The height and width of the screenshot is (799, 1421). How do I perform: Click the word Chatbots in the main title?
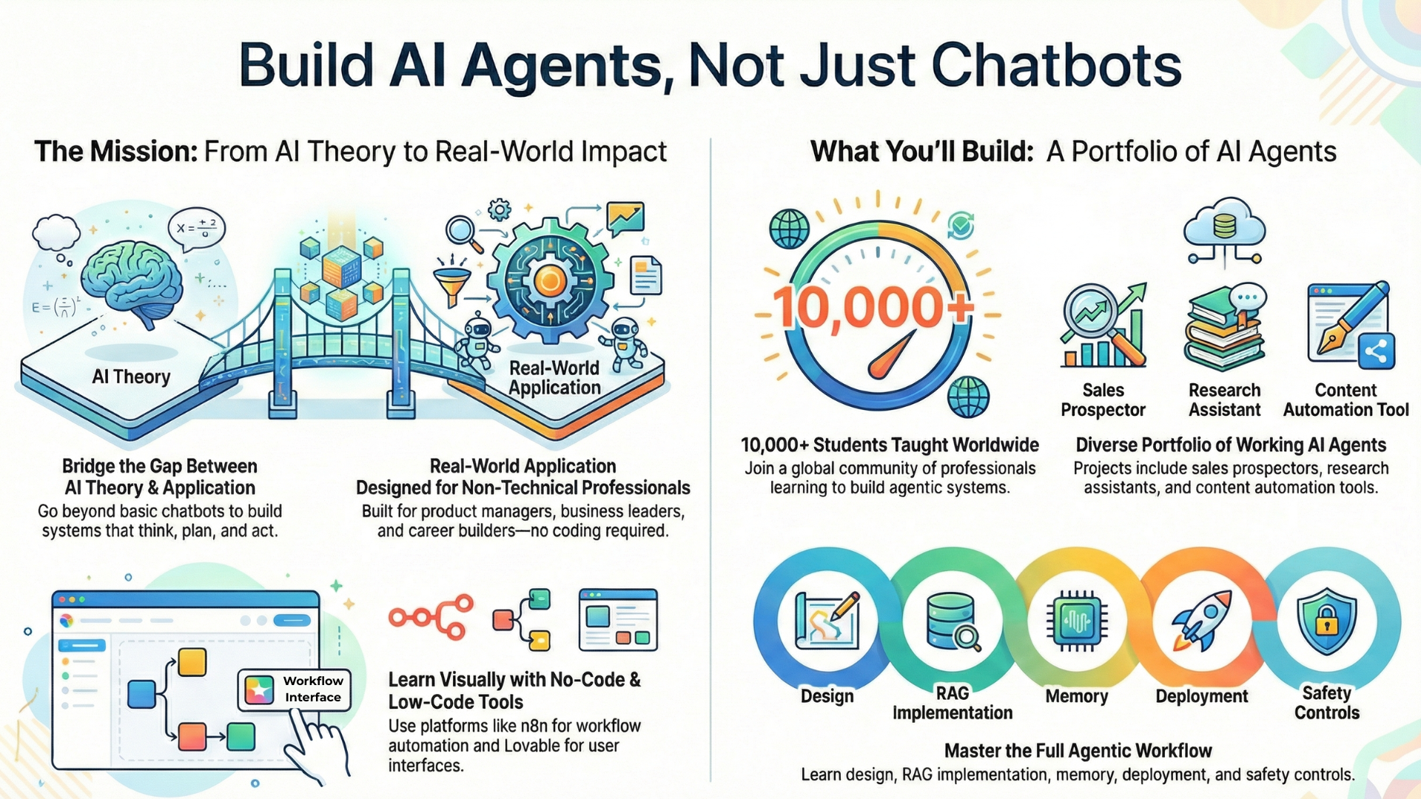coord(1056,65)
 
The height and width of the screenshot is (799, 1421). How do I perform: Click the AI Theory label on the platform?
coord(131,377)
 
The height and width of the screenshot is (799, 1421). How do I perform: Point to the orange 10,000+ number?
coord(873,307)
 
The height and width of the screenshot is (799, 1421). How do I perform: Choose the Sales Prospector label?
coord(1103,399)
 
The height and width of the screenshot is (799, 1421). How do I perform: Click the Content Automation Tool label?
coord(1346,399)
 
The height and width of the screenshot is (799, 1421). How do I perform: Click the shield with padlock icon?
coord(1326,621)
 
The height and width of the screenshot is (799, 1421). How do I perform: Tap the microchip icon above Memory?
coord(1077,620)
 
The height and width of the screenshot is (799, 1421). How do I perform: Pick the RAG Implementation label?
coord(952,703)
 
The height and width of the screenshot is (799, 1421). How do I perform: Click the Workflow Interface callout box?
coord(295,689)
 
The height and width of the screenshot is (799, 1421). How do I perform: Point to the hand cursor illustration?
coord(317,744)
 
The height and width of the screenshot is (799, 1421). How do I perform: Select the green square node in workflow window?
coord(241,737)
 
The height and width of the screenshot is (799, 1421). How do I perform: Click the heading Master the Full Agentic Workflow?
coord(1078,750)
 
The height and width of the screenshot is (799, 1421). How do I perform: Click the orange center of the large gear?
coord(550,280)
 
